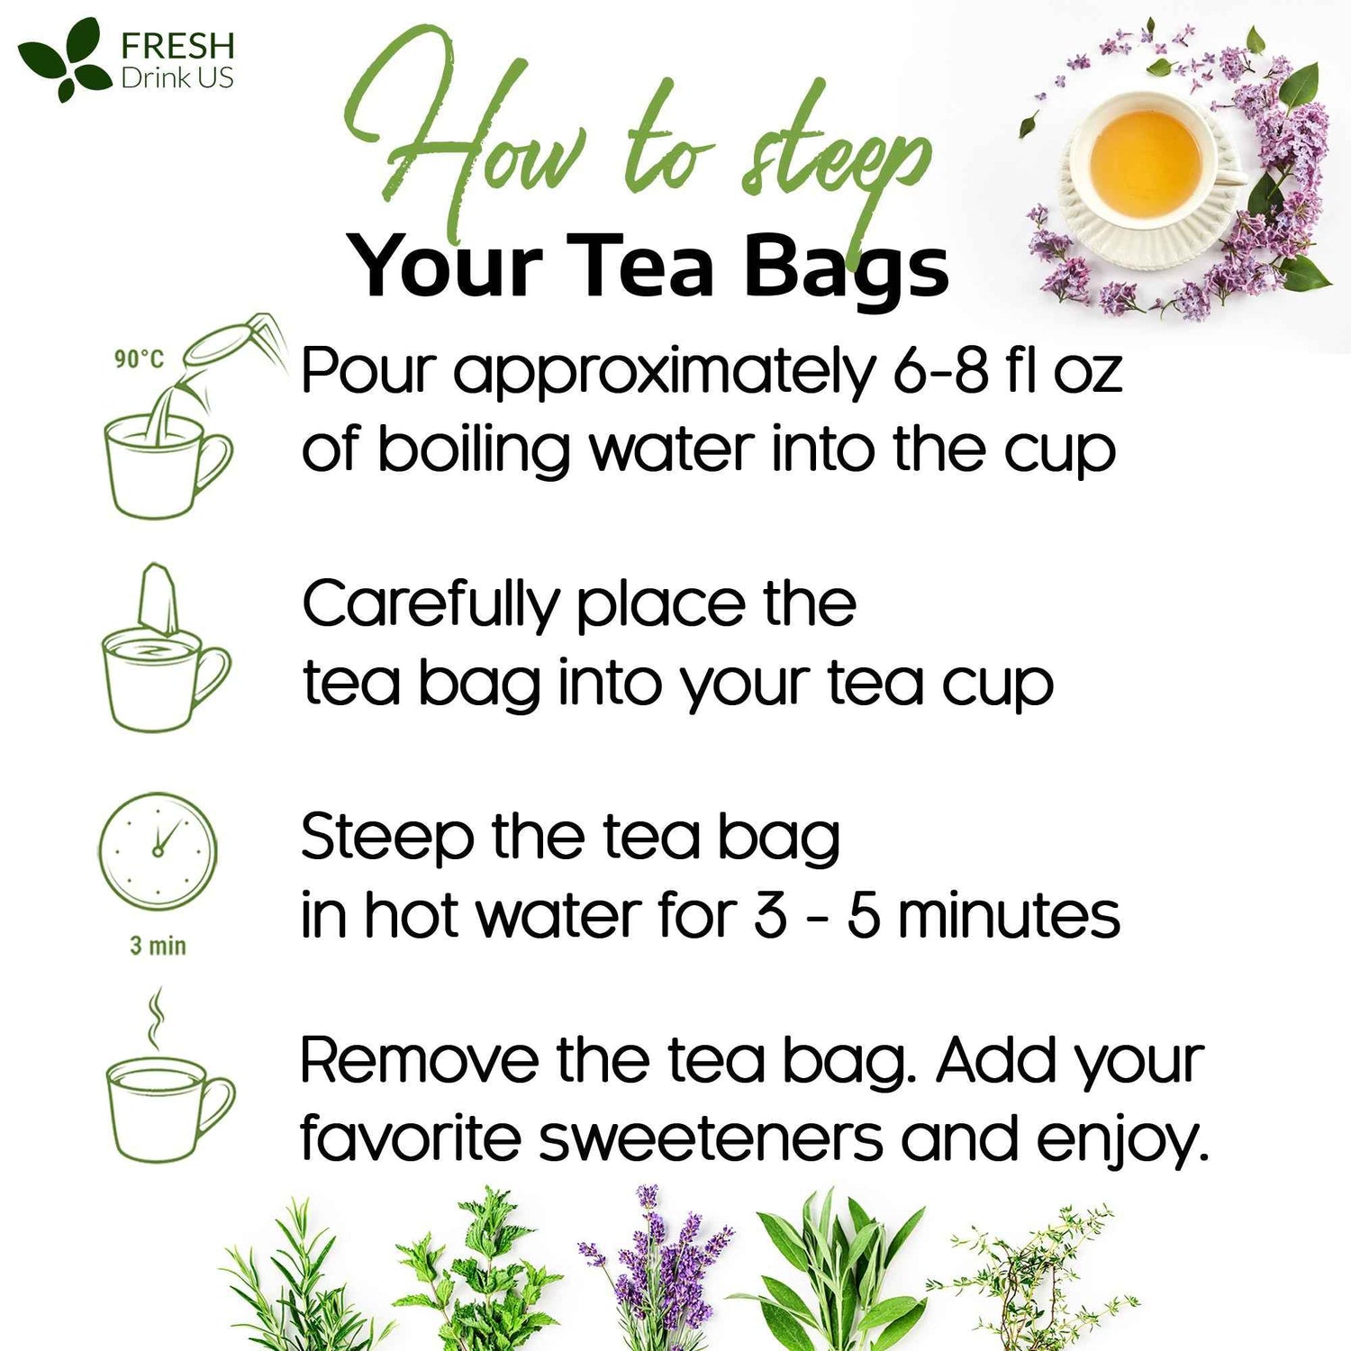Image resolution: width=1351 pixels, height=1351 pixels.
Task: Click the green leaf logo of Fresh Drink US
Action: click(61, 58)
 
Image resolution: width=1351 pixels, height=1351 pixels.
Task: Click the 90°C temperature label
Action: click(139, 359)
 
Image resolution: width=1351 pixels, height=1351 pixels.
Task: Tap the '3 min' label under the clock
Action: click(158, 946)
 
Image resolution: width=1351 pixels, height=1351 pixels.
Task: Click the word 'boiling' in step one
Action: click(474, 449)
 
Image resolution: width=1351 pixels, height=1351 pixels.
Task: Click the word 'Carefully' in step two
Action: click(431, 605)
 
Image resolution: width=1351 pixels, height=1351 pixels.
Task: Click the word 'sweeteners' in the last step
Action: click(711, 1138)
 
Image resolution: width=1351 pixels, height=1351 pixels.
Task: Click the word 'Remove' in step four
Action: click(419, 1060)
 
